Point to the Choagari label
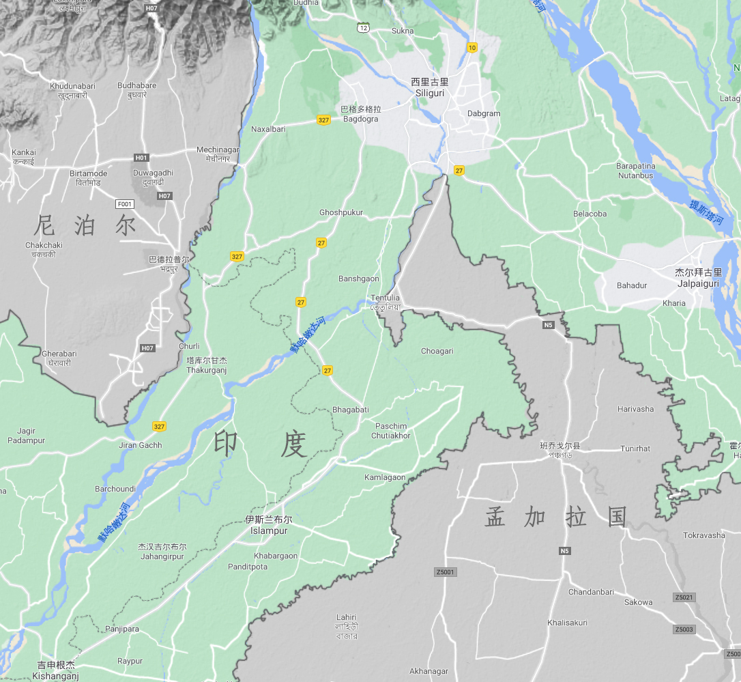(x=437, y=351)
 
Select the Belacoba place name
(x=590, y=214)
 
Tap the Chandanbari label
(x=591, y=592)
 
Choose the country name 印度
(x=260, y=444)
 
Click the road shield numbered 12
(x=363, y=27)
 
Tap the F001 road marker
(x=125, y=203)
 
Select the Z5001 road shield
(x=445, y=571)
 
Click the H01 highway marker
(x=141, y=158)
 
